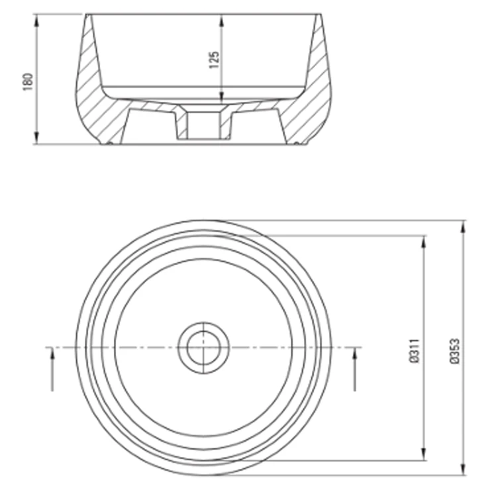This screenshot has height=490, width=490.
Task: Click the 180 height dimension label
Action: point(28,82)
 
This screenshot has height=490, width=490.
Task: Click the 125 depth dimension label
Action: point(214,60)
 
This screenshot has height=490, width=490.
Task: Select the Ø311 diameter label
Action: point(414,351)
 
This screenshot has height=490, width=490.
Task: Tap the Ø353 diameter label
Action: point(455,351)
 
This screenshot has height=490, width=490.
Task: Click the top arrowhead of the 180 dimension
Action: point(37,22)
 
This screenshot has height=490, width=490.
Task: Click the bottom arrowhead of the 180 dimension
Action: point(37,137)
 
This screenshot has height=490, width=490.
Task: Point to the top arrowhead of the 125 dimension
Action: point(222,22)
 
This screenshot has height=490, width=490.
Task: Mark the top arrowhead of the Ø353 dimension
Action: point(463,228)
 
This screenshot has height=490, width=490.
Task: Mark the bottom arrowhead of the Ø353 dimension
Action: point(463,468)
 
